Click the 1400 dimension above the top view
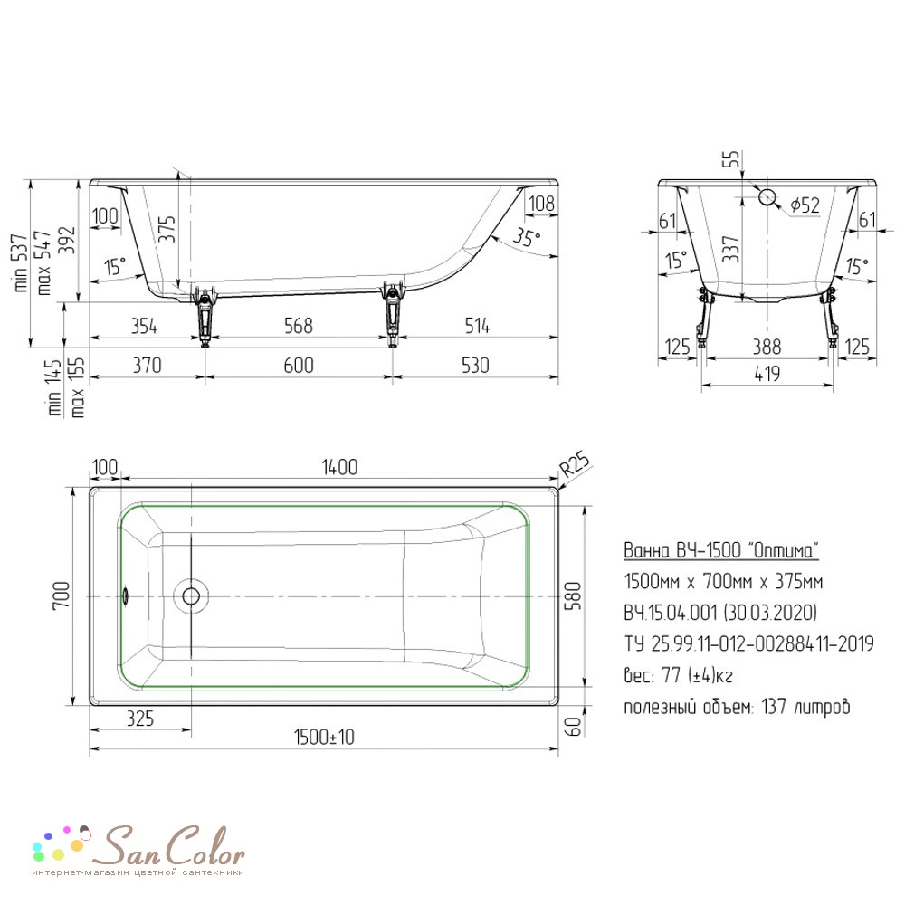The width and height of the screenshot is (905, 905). [339, 466]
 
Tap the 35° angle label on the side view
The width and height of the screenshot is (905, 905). [527, 236]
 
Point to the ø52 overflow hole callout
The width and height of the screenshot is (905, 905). [805, 205]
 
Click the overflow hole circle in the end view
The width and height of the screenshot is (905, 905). [767, 196]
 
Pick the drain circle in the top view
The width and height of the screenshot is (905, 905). [191, 595]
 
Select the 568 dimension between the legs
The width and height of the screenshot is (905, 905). [299, 326]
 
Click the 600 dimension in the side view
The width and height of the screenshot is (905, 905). [299, 366]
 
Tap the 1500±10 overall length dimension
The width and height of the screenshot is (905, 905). [324, 737]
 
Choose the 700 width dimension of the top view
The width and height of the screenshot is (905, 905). [62, 595]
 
